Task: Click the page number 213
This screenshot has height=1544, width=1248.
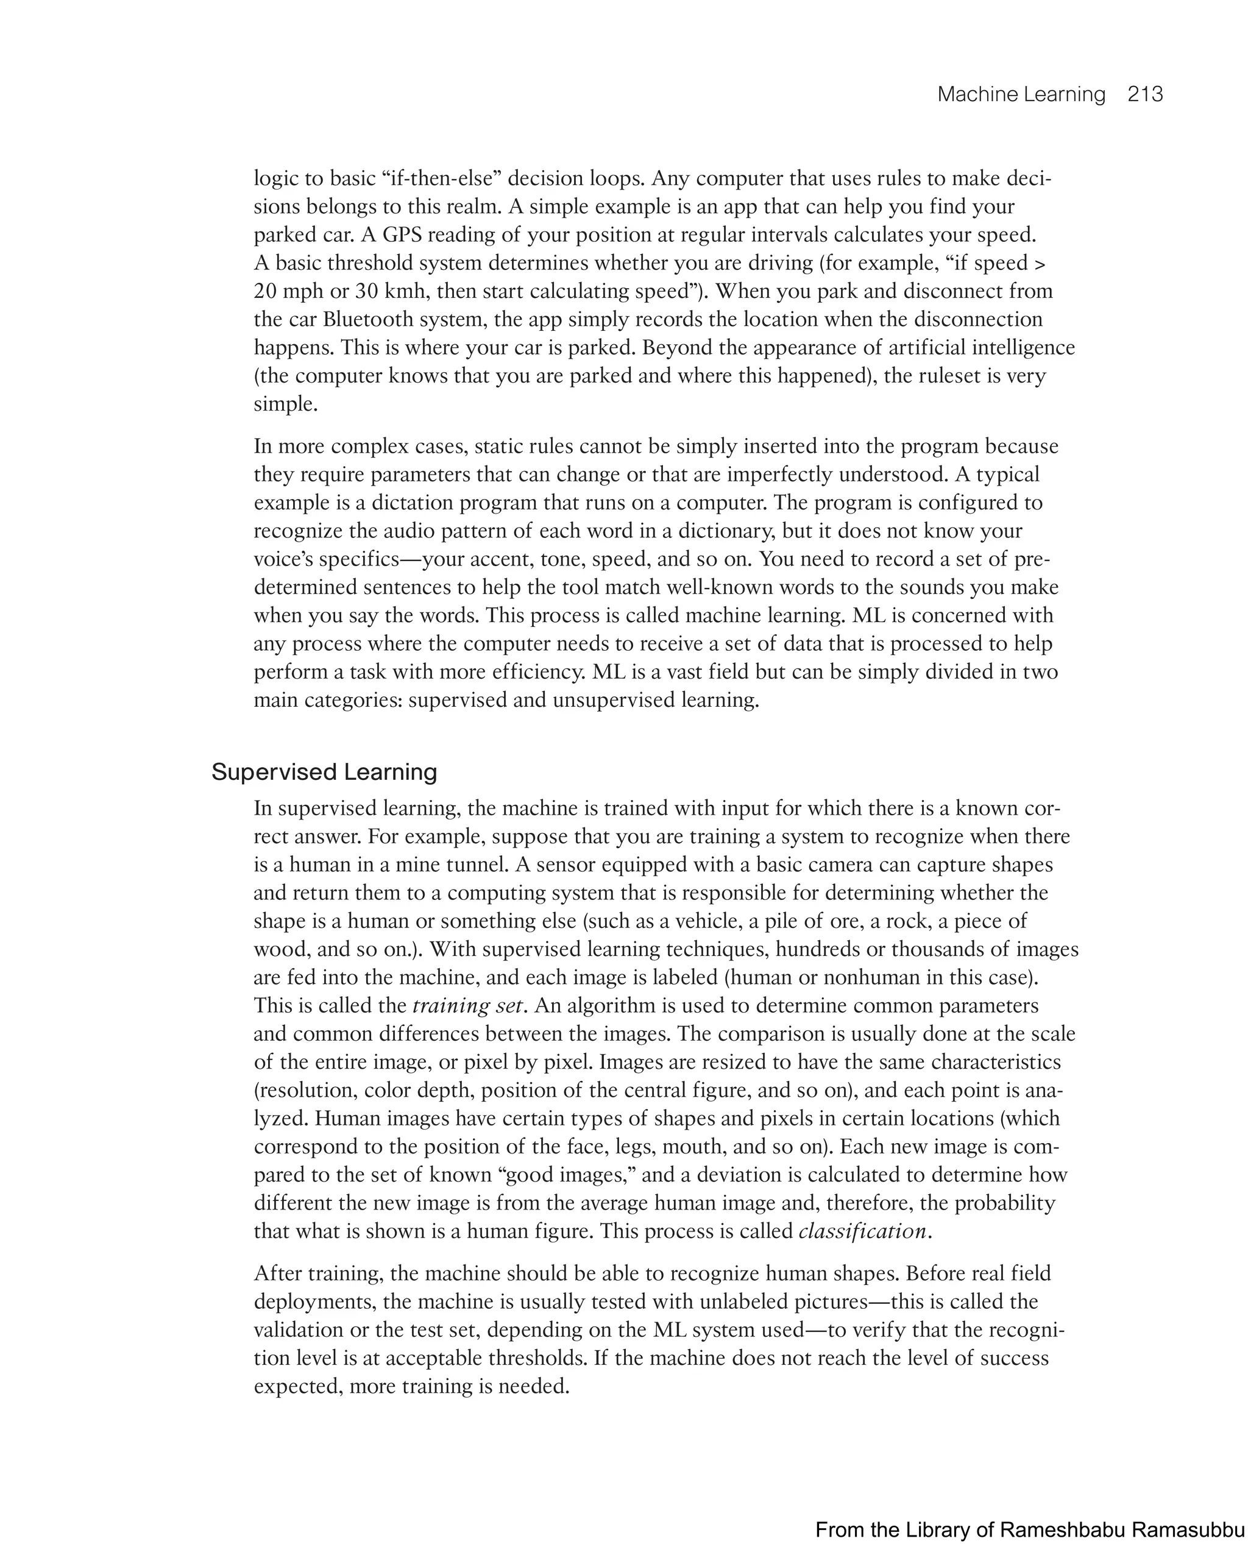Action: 1144,94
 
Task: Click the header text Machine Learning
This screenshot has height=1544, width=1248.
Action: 1021,94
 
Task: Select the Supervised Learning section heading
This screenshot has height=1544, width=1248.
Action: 324,772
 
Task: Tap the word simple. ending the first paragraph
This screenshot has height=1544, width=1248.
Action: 285,404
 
